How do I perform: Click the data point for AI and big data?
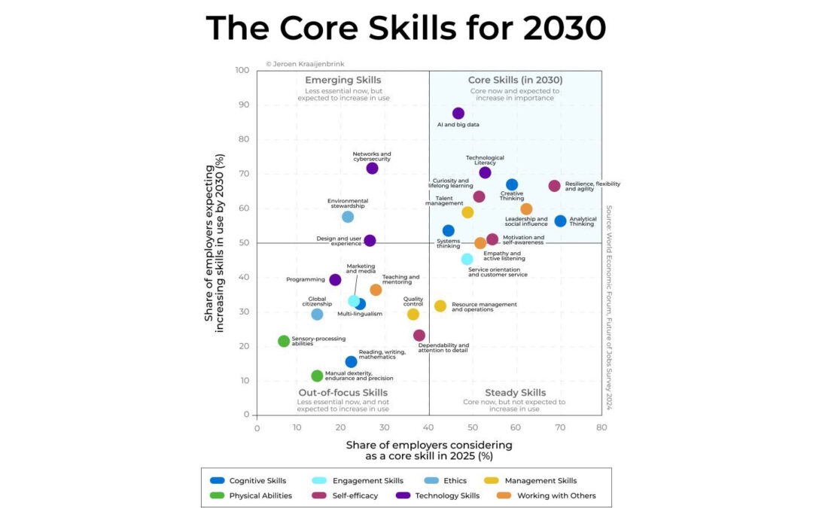[x=458, y=114]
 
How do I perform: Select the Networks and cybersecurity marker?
[x=372, y=168]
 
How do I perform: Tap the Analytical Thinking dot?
[x=560, y=221]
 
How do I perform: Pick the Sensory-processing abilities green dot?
[x=284, y=341]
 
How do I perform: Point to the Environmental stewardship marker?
[x=348, y=217]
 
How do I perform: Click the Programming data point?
[x=335, y=280]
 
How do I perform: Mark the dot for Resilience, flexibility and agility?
[x=554, y=186]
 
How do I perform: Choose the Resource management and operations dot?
[x=440, y=306]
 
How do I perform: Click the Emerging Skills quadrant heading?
[x=343, y=80]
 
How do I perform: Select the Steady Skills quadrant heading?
[x=515, y=393]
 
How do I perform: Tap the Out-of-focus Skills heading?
[x=343, y=393]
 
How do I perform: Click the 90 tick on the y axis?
[x=242, y=105]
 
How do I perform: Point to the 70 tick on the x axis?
[x=559, y=428]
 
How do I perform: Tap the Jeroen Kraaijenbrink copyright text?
[x=305, y=64]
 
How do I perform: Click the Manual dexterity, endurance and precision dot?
[x=317, y=376]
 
